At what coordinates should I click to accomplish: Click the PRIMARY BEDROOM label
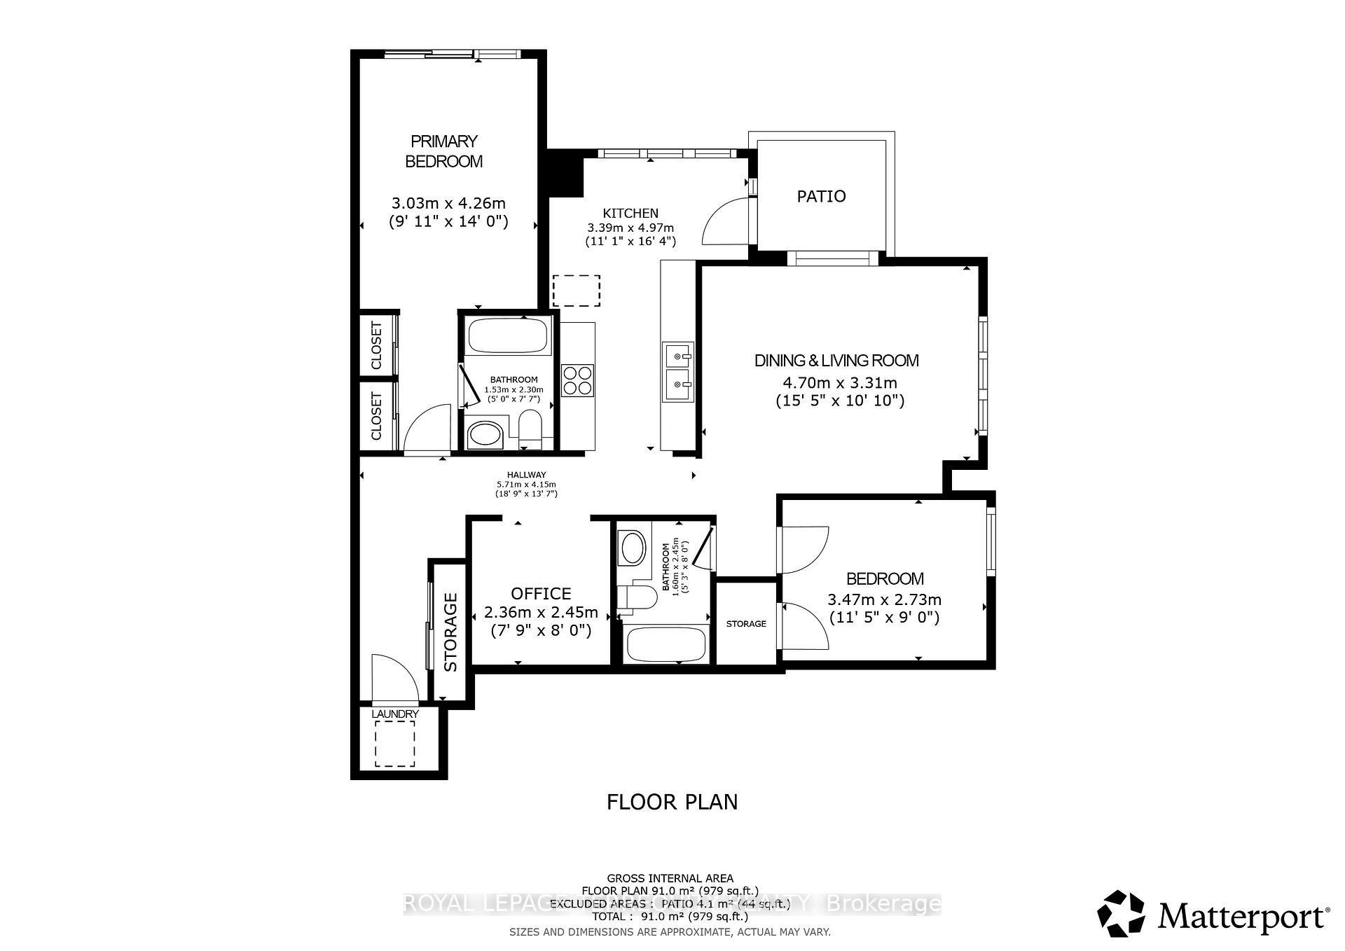click(444, 151)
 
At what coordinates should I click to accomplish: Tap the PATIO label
click(821, 196)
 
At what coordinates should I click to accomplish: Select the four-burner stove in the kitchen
click(578, 381)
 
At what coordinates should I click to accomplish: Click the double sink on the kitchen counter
click(678, 372)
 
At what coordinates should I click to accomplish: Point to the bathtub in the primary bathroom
click(508, 336)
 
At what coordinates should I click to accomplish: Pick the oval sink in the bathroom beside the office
click(633, 548)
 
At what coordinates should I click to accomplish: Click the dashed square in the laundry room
click(395, 744)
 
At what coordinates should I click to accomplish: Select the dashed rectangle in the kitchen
click(577, 291)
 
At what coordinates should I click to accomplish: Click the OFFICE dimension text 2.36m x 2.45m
click(541, 613)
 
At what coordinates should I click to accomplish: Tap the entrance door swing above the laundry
click(394, 678)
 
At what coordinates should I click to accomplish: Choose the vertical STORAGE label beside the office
click(450, 632)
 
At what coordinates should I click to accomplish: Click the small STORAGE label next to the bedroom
click(746, 623)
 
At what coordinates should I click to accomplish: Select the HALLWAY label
click(526, 475)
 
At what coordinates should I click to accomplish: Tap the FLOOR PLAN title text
click(672, 802)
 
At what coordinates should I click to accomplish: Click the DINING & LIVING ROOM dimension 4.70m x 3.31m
click(839, 383)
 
